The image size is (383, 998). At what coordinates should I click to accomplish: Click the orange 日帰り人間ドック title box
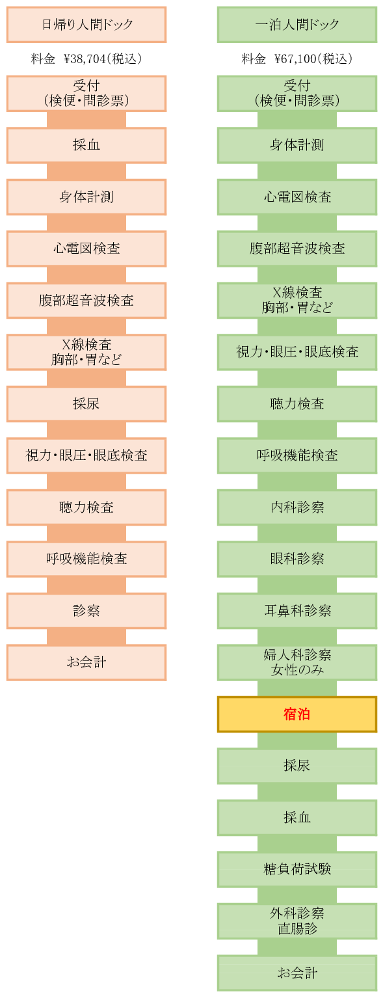coord(86,25)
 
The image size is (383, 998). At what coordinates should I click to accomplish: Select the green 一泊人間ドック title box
coord(297,25)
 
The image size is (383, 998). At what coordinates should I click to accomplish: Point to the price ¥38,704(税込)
coord(103,59)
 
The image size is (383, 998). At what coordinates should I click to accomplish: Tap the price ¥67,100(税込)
coord(313,59)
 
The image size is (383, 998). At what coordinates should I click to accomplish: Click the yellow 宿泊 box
coord(297,714)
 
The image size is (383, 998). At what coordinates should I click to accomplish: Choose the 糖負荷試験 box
coord(297,870)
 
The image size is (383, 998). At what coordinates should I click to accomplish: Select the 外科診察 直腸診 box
coord(297,921)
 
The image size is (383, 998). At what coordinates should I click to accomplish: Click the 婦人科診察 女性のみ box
coord(297,663)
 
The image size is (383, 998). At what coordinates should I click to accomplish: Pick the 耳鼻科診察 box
coord(297,611)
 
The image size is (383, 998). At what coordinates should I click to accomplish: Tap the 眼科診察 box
coord(297,559)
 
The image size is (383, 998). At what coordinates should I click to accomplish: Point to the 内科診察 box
coord(297,507)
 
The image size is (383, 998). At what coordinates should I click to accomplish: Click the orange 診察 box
coord(86,611)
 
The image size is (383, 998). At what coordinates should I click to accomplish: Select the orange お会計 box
coord(86,663)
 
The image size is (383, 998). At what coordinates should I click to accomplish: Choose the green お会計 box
coord(297,973)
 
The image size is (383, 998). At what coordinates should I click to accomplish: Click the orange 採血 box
coord(86,145)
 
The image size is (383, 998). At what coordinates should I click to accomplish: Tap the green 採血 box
coord(297,818)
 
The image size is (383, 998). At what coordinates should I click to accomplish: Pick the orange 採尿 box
coord(86,404)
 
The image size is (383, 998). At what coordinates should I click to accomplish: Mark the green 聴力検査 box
coord(297,404)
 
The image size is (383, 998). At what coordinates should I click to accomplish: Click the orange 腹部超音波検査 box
coord(86,301)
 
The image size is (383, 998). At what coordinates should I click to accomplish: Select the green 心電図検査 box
coord(297,197)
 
